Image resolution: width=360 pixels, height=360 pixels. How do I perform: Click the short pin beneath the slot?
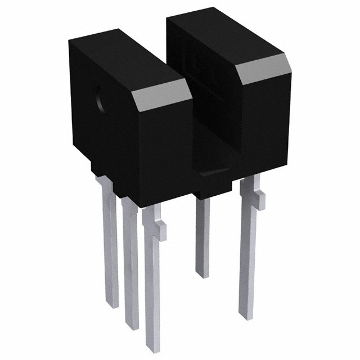click(202, 236)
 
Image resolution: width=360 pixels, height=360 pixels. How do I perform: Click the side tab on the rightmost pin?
click(259, 197)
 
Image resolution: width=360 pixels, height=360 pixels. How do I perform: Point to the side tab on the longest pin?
click(161, 228)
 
